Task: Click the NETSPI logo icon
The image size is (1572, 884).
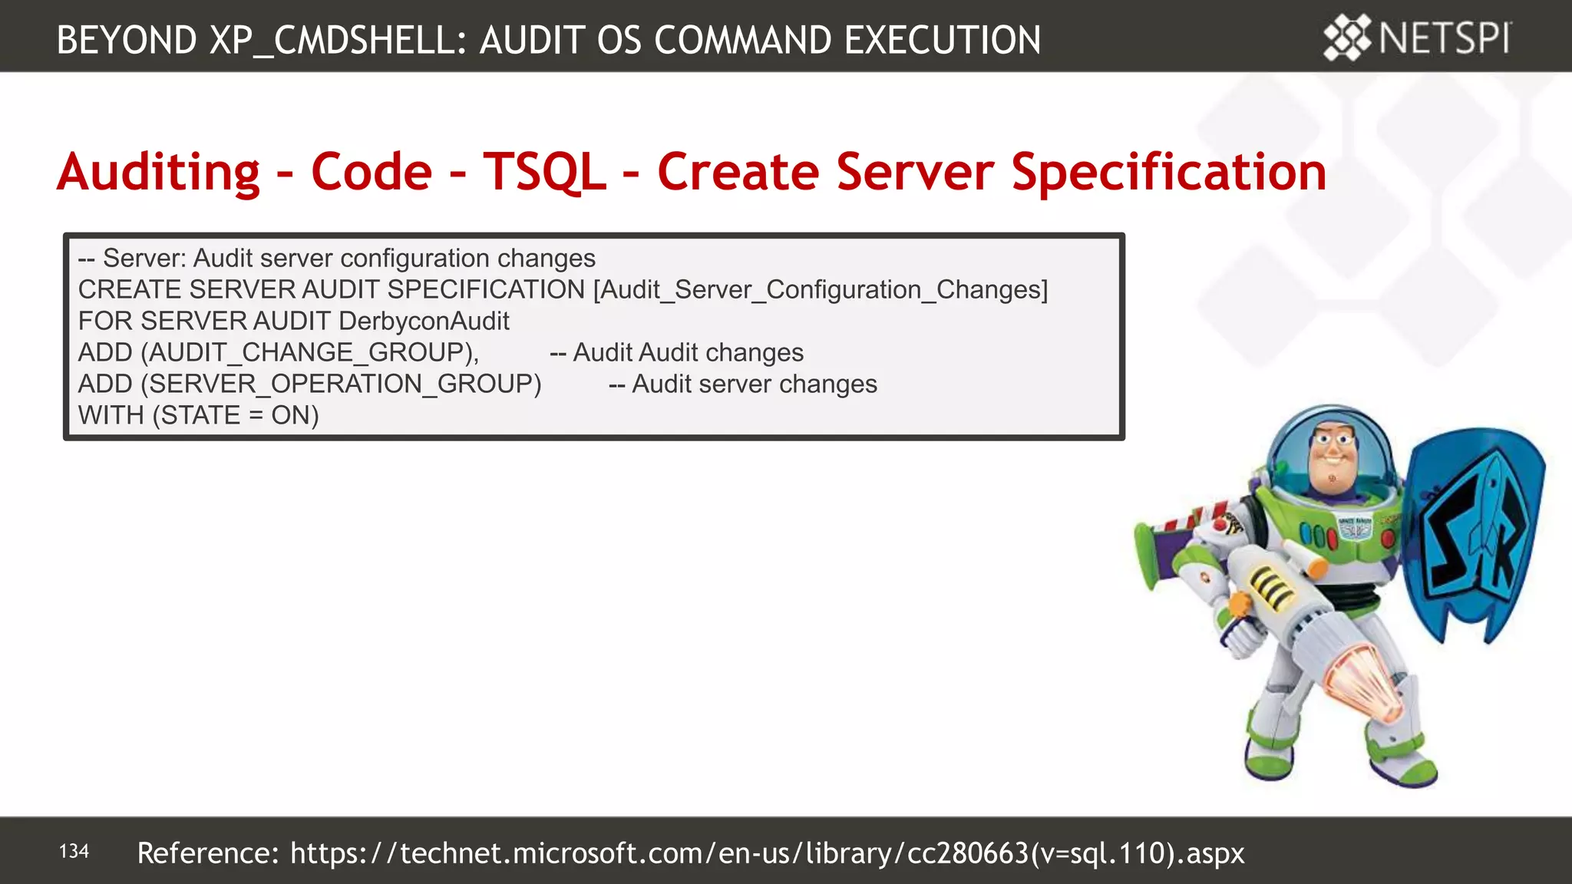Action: pyautogui.click(x=1347, y=37)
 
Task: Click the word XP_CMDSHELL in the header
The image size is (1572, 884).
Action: pyautogui.click(x=337, y=41)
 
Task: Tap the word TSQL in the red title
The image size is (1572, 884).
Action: pyautogui.click(x=544, y=171)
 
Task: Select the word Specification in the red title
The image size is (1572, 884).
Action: pyautogui.click(x=1168, y=173)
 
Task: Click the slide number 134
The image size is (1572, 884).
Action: pyautogui.click(x=74, y=851)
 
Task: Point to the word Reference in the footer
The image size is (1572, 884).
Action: pyautogui.click(x=207, y=853)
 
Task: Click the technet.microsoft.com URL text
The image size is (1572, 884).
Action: pyautogui.click(x=768, y=853)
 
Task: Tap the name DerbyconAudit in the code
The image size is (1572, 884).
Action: pyautogui.click(x=424, y=321)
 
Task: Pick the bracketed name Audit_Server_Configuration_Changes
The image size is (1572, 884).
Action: pyautogui.click(x=820, y=289)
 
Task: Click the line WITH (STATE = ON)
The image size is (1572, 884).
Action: pyautogui.click(x=198, y=415)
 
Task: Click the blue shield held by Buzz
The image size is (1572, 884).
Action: pyautogui.click(x=1474, y=529)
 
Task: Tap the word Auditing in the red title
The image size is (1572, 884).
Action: pyautogui.click(x=159, y=173)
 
